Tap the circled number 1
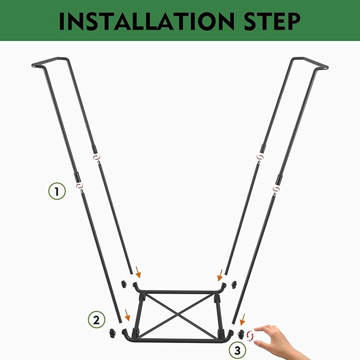pos(57,191)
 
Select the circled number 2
pos(96,320)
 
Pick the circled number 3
pos(238,350)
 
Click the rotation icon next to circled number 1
pos(80,185)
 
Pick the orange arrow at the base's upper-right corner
pos(220,275)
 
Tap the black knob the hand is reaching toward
pos(241,335)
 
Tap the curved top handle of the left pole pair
pos(50,62)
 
